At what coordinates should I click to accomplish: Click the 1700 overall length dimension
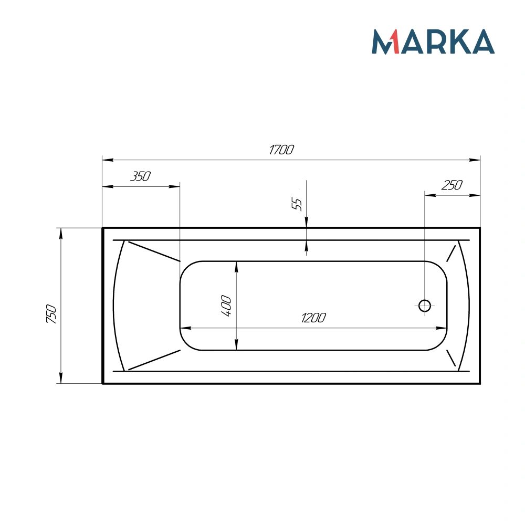(x=281, y=150)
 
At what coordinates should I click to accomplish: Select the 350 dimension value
(x=140, y=176)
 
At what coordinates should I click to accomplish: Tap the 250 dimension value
(x=451, y=185)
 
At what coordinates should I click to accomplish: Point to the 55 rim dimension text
(x=297, y=204)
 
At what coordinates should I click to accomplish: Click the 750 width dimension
(x=51, y=313)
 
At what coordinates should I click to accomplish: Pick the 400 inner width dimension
(x=226, y=306)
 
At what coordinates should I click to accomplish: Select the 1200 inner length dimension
(x=313, y=318)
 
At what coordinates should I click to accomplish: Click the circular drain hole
(x=424, y=305)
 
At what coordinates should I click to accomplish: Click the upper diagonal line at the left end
(x=154, y=251)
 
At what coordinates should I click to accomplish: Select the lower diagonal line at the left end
(x=154, y=360)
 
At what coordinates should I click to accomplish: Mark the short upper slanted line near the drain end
(x=451, y=253)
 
